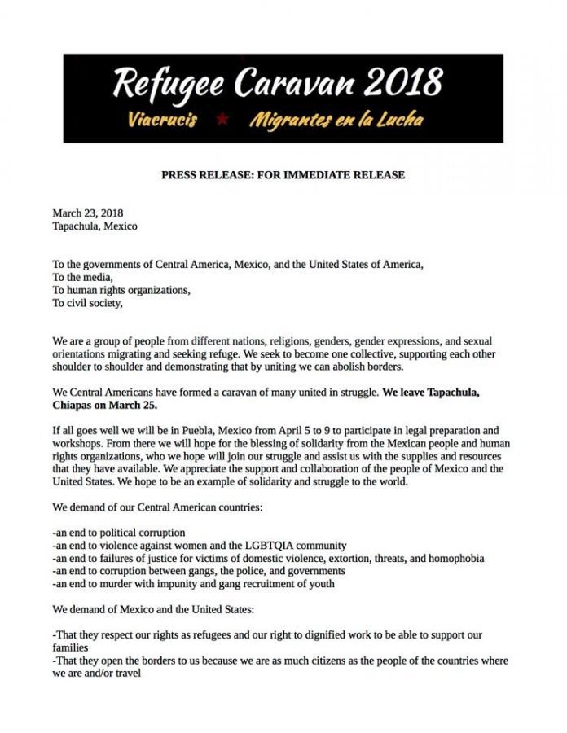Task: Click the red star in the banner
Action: click(222, 120)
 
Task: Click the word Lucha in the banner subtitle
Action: click(394, 121)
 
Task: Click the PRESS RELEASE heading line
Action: click(283, 174)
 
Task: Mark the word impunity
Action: click(192, 584)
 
